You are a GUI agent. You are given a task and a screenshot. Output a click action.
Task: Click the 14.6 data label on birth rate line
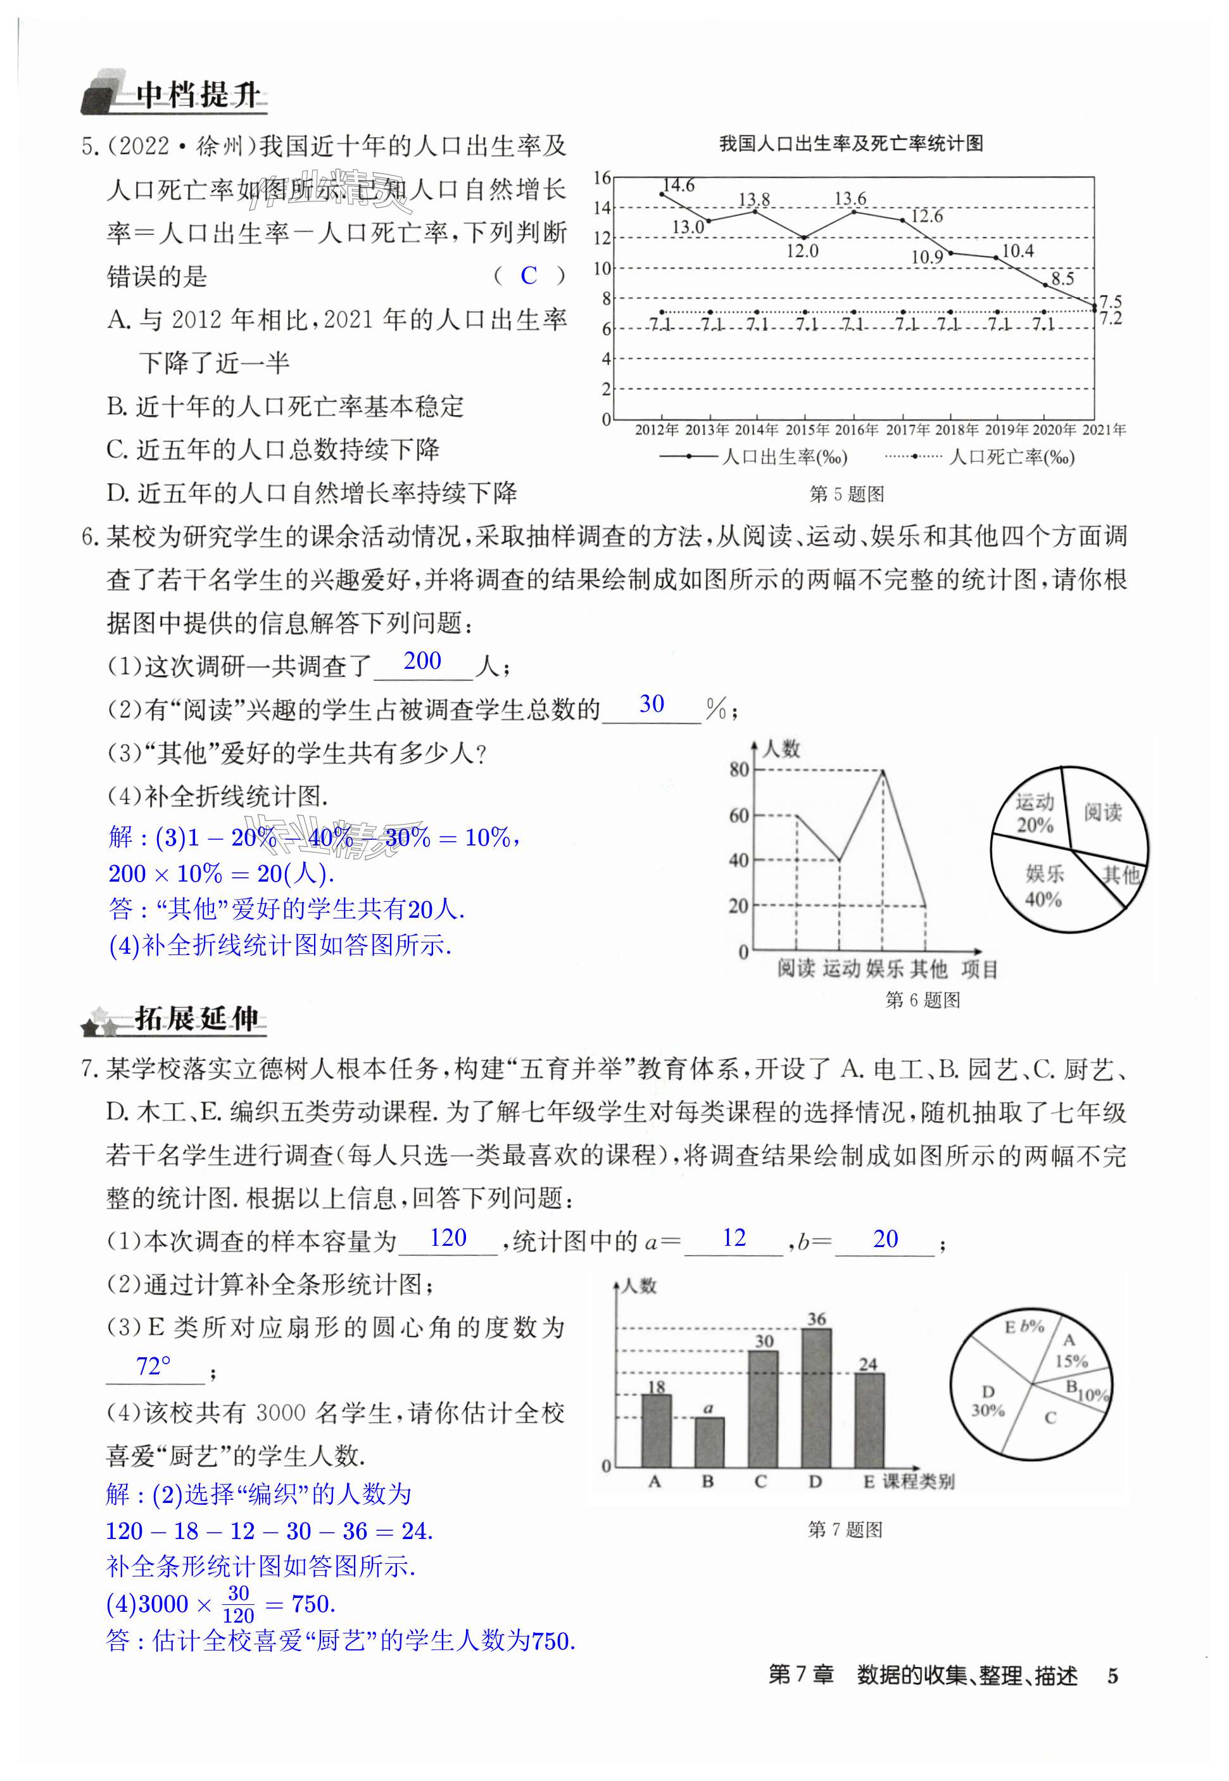(x=678, y=185)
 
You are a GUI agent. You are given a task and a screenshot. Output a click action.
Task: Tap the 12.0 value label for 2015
(x=802, y=251)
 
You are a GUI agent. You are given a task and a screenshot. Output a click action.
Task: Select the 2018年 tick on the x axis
(x=955, y=430)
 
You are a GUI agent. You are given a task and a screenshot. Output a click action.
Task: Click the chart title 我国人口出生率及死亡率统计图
(x=850, y=144)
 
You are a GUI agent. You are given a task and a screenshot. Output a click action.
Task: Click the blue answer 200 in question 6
(x=422, y=661)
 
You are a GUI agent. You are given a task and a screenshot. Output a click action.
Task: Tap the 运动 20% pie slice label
(x=1033, y=813)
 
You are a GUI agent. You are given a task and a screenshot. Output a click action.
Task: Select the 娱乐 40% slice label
(x=1044, y=886)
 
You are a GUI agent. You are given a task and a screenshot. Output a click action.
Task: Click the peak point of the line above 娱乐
(x=883, y=770)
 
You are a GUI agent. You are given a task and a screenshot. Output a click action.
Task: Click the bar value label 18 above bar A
(x=656, y=1386)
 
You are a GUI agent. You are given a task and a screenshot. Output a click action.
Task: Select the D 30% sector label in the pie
(x=988, y=1400)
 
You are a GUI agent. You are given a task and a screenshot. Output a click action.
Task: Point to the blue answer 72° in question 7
(x=153, y=1367)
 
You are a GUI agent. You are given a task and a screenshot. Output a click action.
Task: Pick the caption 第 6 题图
(x=923, y=1000)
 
